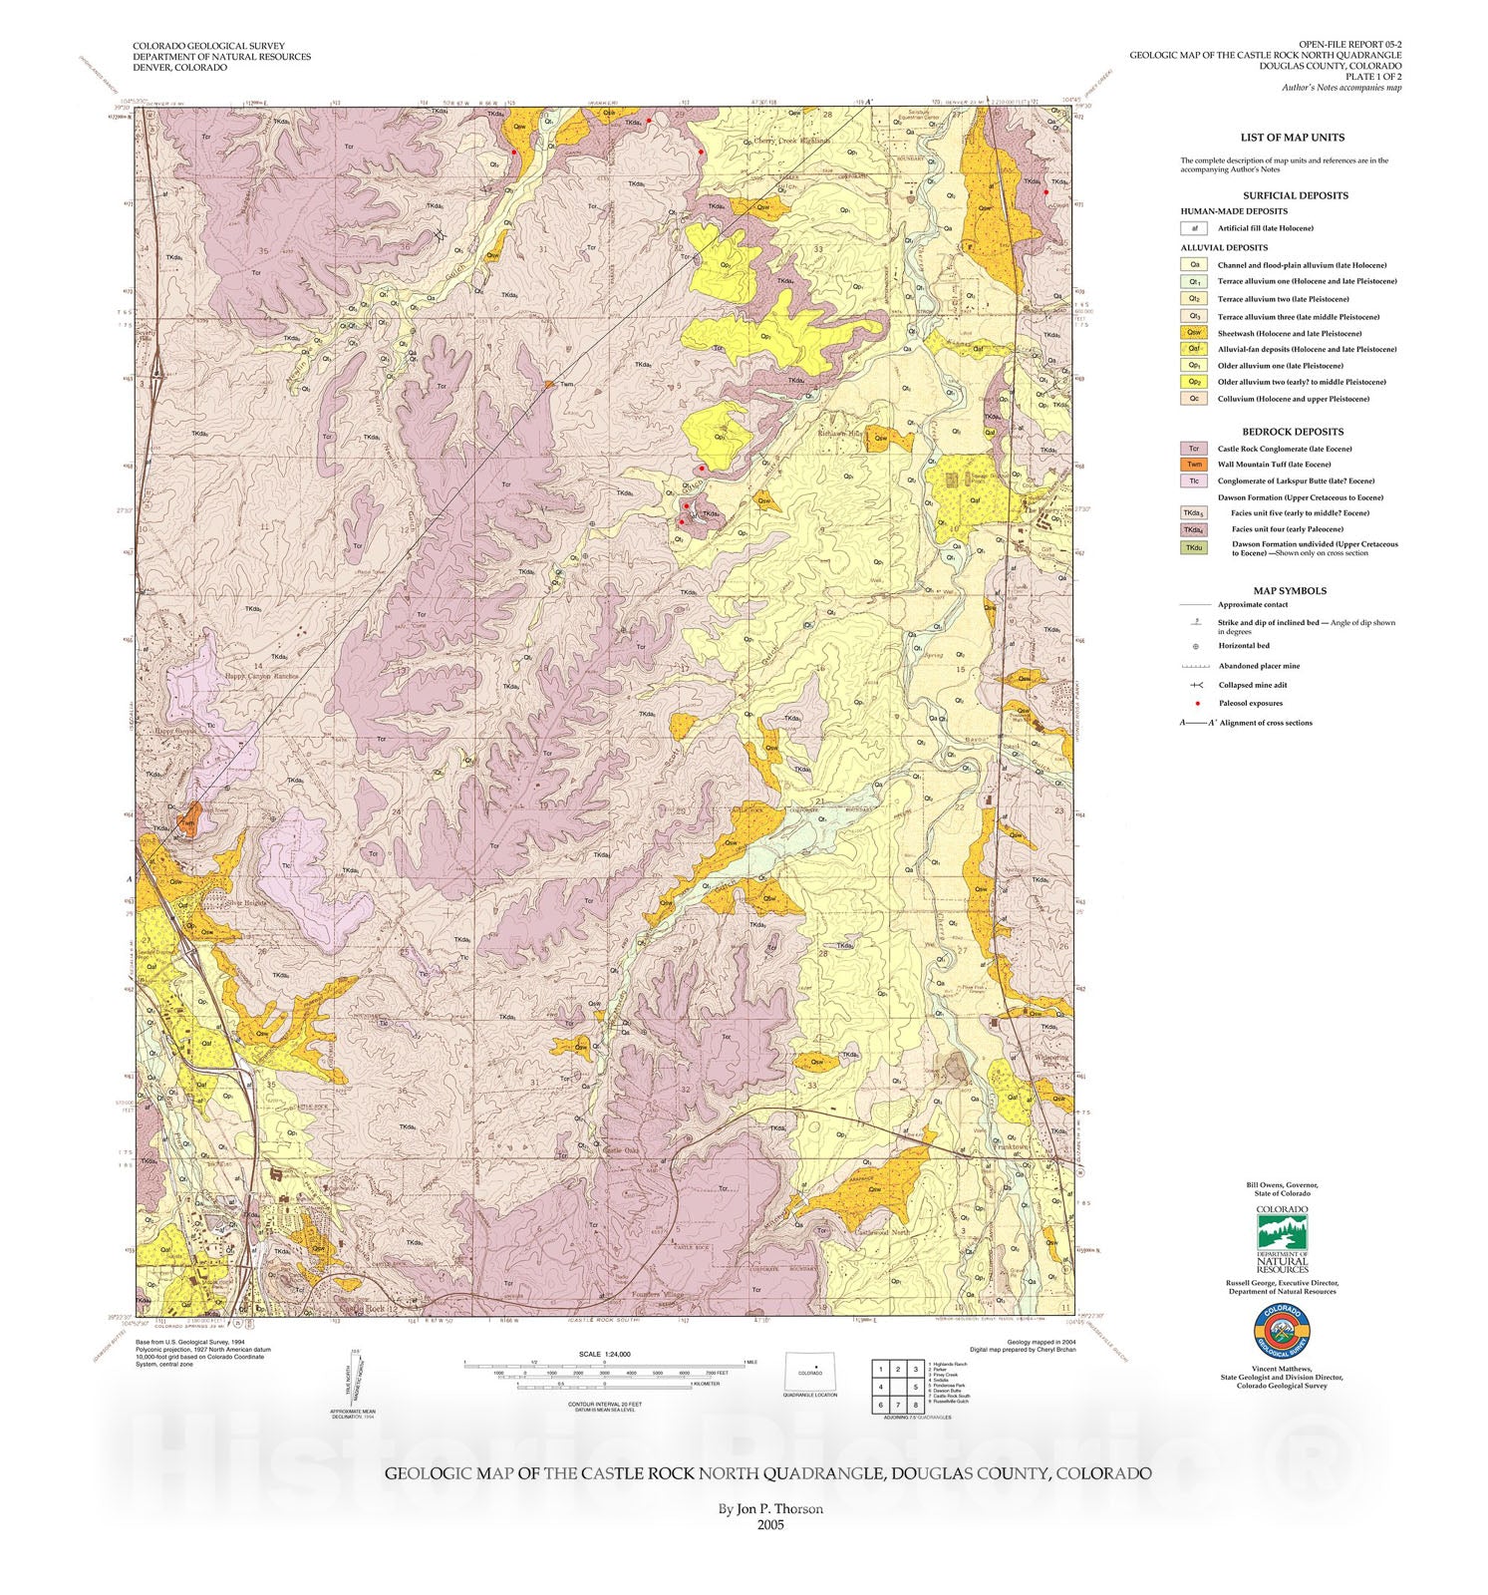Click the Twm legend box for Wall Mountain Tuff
(x=1193, y=464)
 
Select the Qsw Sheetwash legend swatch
(x=1193, y=333)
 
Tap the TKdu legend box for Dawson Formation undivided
(x=1193, y=547)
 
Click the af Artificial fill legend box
(x=1193, y=228)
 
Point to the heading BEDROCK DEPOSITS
(x=1293, y=432)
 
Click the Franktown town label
(x=1013, y=1148)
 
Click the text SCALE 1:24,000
(x=604, y=1354)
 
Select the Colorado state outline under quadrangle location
(x=809, y=1372)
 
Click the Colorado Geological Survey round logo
(x=1282, y=1332)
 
